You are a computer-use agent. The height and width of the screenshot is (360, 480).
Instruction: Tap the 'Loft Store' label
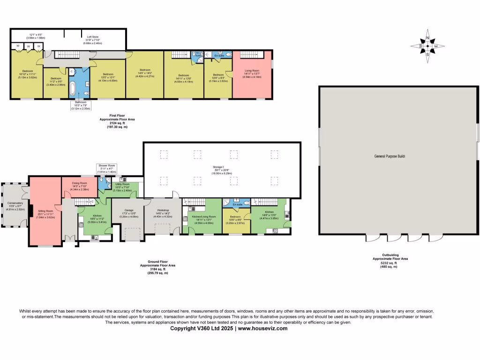92,36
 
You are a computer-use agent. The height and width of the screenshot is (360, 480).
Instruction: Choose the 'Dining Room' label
79,183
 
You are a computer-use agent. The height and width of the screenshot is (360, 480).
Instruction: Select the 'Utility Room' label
123,184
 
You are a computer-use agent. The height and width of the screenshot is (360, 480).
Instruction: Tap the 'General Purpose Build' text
389,156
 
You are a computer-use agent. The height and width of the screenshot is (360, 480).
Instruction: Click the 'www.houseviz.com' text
262,329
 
